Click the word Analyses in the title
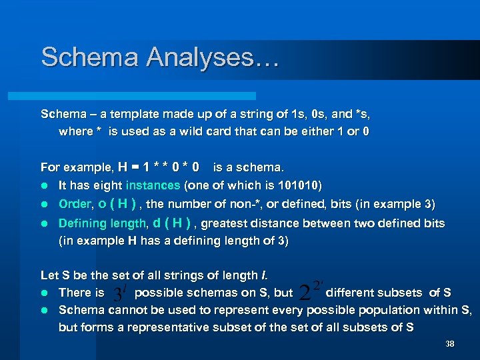(x=212, y=57)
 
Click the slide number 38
(x=449, y=344)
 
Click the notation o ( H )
(x=118, y=204)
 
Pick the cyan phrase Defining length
(x=103, y=223)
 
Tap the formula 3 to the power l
(x=119, y=294)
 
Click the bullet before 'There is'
(x=45, y=293)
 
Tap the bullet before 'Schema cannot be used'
(x=45, y=311)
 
